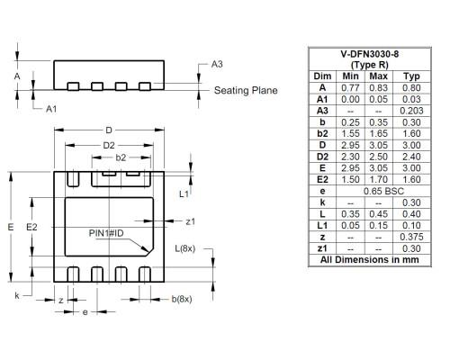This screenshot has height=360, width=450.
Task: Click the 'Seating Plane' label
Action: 246,90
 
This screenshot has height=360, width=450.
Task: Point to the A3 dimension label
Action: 217,65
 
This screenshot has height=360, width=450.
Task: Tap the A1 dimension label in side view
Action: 51,108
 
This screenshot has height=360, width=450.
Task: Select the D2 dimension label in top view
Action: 109,145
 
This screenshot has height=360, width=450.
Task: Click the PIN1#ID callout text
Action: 105,232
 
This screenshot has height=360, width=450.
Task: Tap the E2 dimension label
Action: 33,227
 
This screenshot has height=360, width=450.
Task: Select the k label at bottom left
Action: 17,294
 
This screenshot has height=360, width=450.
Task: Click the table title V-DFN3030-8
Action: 370,55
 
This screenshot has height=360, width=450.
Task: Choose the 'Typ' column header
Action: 411,76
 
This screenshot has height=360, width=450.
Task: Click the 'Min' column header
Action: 351,76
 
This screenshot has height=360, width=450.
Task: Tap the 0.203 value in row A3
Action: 411,111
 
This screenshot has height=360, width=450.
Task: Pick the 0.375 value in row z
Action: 411,237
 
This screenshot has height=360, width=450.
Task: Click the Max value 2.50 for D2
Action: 381,157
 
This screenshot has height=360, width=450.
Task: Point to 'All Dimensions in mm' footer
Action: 370,260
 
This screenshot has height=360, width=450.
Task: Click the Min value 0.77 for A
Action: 351,88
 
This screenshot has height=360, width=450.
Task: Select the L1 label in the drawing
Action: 184,193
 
